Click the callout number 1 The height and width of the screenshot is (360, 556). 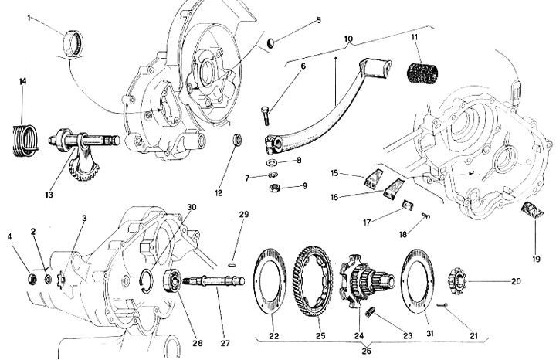pos(30,16)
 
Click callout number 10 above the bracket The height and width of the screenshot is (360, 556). pos(347,38)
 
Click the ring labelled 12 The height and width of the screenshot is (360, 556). pos(239,141)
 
